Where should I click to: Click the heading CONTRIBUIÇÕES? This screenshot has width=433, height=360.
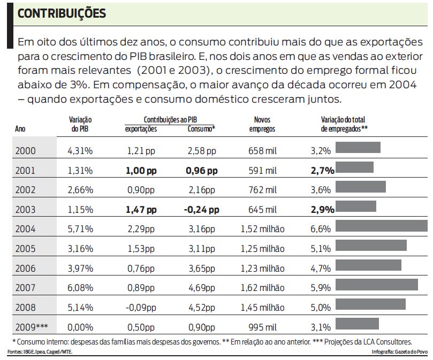(x=62, y=13)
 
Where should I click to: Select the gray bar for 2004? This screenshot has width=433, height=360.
(x=381, y=226)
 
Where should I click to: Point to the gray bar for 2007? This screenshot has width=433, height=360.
(x=376, y=284)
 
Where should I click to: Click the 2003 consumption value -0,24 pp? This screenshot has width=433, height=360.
(x=201, y=209)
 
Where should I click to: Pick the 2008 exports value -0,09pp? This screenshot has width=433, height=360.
(x=141, y=307)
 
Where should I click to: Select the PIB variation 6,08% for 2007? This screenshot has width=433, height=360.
(x=80, y=288)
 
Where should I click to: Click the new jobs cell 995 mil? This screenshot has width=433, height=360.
(x=262, y=327)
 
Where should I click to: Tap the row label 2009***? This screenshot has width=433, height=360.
(x=32, y=327)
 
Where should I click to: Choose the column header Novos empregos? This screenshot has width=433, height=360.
(x=262, y=124)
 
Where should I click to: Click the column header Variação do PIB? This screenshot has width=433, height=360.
(x=81, y=124)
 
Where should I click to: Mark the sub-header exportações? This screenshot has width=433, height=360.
(x=141, y=129)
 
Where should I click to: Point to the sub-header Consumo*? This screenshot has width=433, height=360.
(x=201, y=129)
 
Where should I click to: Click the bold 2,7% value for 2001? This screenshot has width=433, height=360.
(x=322, y=171)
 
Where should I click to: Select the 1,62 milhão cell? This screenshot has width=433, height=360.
(x=262, y=288)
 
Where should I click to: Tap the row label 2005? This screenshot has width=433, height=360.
(x=26, y=249)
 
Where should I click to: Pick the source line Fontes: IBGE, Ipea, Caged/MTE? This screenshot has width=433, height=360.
(x=40, y=352)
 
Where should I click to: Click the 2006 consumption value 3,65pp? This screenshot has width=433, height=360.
(x=201, y=268)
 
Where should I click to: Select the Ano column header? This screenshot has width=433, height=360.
(x=20, y=129)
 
